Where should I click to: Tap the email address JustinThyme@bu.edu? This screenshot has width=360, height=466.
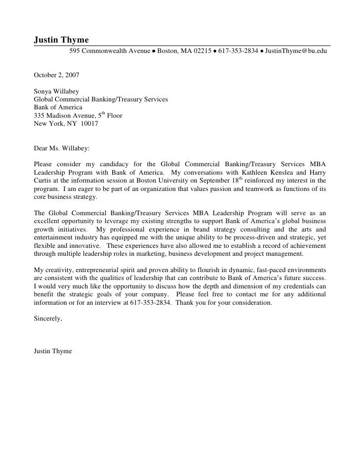click(296, 51)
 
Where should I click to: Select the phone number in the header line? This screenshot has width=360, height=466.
click(238, 51)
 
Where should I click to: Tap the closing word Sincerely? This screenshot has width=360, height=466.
click(47, 319)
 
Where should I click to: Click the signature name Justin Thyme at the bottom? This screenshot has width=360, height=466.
click(53, 351)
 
